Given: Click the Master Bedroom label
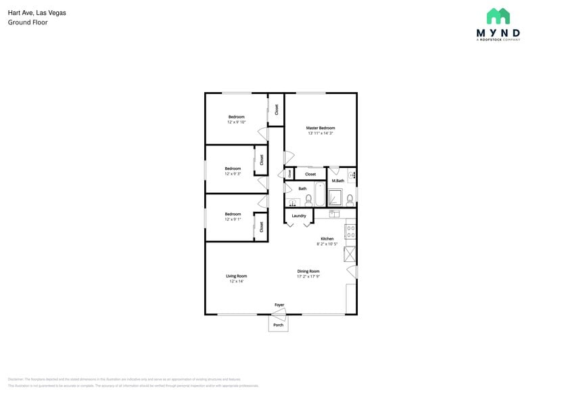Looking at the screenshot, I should [x=320, y=128].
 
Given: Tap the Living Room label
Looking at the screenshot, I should [x=236, y=275].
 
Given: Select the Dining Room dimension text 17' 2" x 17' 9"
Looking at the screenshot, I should [x=308, y=276].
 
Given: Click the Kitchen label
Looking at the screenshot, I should [x=327, y=238].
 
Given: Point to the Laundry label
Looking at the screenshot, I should [x=299, y=216].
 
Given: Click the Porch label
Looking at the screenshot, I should [x=278, y=326].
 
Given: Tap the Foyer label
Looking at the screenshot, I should [x=279, y=305].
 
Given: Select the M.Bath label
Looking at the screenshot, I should [x=338, y=181].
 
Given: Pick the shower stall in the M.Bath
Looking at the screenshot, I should [x=335, y=197].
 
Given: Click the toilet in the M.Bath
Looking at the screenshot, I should [x=350, y=199].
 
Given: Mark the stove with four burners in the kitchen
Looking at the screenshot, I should [x=350, y=231].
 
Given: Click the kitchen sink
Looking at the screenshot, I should [x=333, y=214].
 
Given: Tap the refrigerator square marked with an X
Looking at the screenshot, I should [x=350, y=254].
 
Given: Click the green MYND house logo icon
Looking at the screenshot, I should [x=498, y=16].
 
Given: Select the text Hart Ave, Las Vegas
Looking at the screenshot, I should [x=28, y=13].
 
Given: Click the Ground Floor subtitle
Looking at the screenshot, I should [x=28, y=22].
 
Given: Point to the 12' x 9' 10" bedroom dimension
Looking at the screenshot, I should [x=236, y=123].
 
